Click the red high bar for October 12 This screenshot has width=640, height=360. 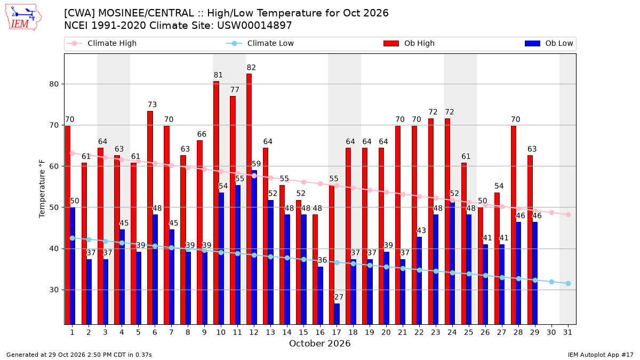[x=249, y=199]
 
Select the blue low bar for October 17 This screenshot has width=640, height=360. [x=337, y=314]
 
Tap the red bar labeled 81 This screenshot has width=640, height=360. [x=216, y=203]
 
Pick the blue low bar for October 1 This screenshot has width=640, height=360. [x=73, y=266]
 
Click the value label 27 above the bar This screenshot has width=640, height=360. [x=339, y=297]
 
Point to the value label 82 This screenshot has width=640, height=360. [x=251, y=67]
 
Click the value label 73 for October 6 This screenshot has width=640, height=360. [x=152, y=105]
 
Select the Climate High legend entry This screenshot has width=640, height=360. [x=101, y=43]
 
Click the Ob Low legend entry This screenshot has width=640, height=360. [x=549, y=43]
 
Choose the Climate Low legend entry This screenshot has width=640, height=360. [x=260, y=43]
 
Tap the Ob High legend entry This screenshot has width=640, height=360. [x=409, y=43]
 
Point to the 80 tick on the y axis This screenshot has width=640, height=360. [x=54, y=84]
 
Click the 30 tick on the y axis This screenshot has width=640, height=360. [x=54, y=290]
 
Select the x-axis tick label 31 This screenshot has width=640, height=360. [x=567, y=332]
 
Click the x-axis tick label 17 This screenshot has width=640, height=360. [x=337, y=332]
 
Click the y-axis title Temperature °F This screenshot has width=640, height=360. [x=42, y=189]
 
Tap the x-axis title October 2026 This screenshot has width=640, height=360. [x=319, y=343]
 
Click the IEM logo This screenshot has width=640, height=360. [x=23, y=18]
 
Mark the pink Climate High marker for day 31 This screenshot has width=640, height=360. [x=568, y=214]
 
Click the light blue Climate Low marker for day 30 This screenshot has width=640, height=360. [x=551, y=282]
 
